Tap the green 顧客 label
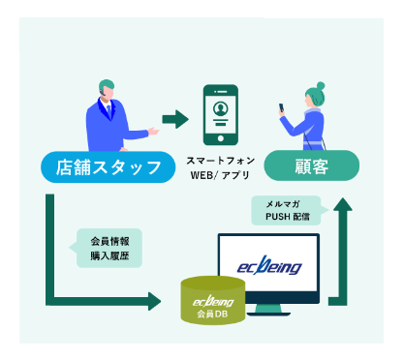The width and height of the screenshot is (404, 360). click(x=312, y=166)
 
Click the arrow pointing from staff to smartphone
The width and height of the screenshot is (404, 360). click(x=174, y=119)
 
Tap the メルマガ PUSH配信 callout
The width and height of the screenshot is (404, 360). click(x=280, y=210)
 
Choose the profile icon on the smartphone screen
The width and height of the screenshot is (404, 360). click(x=220, y=109)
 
